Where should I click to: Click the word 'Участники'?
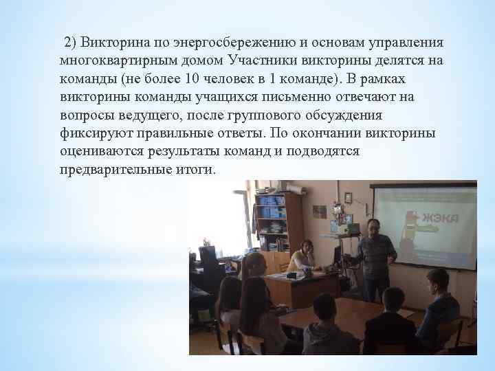[262, 60]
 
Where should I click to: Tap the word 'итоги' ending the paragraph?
[197, 168]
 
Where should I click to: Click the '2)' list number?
[71, 43]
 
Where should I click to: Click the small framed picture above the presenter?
[349, 196]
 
